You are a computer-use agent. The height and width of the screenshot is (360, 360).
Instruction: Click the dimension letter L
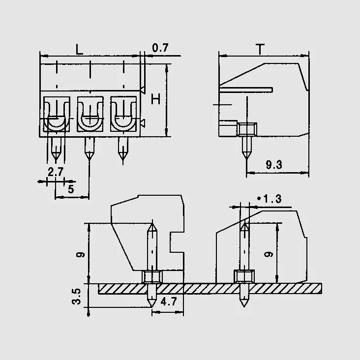79,49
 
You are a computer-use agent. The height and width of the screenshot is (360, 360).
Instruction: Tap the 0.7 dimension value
160,48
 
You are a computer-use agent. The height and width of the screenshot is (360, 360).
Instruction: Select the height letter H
156,99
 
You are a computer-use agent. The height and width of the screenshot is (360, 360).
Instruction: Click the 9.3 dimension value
274,165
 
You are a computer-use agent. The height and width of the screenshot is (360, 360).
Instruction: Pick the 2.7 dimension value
56,172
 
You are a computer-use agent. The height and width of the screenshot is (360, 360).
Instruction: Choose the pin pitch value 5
71,189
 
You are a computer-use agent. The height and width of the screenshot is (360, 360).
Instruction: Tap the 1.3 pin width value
270,199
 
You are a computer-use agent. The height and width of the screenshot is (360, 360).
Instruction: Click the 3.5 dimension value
76,297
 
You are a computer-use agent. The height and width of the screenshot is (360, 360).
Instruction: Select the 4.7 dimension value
169,301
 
